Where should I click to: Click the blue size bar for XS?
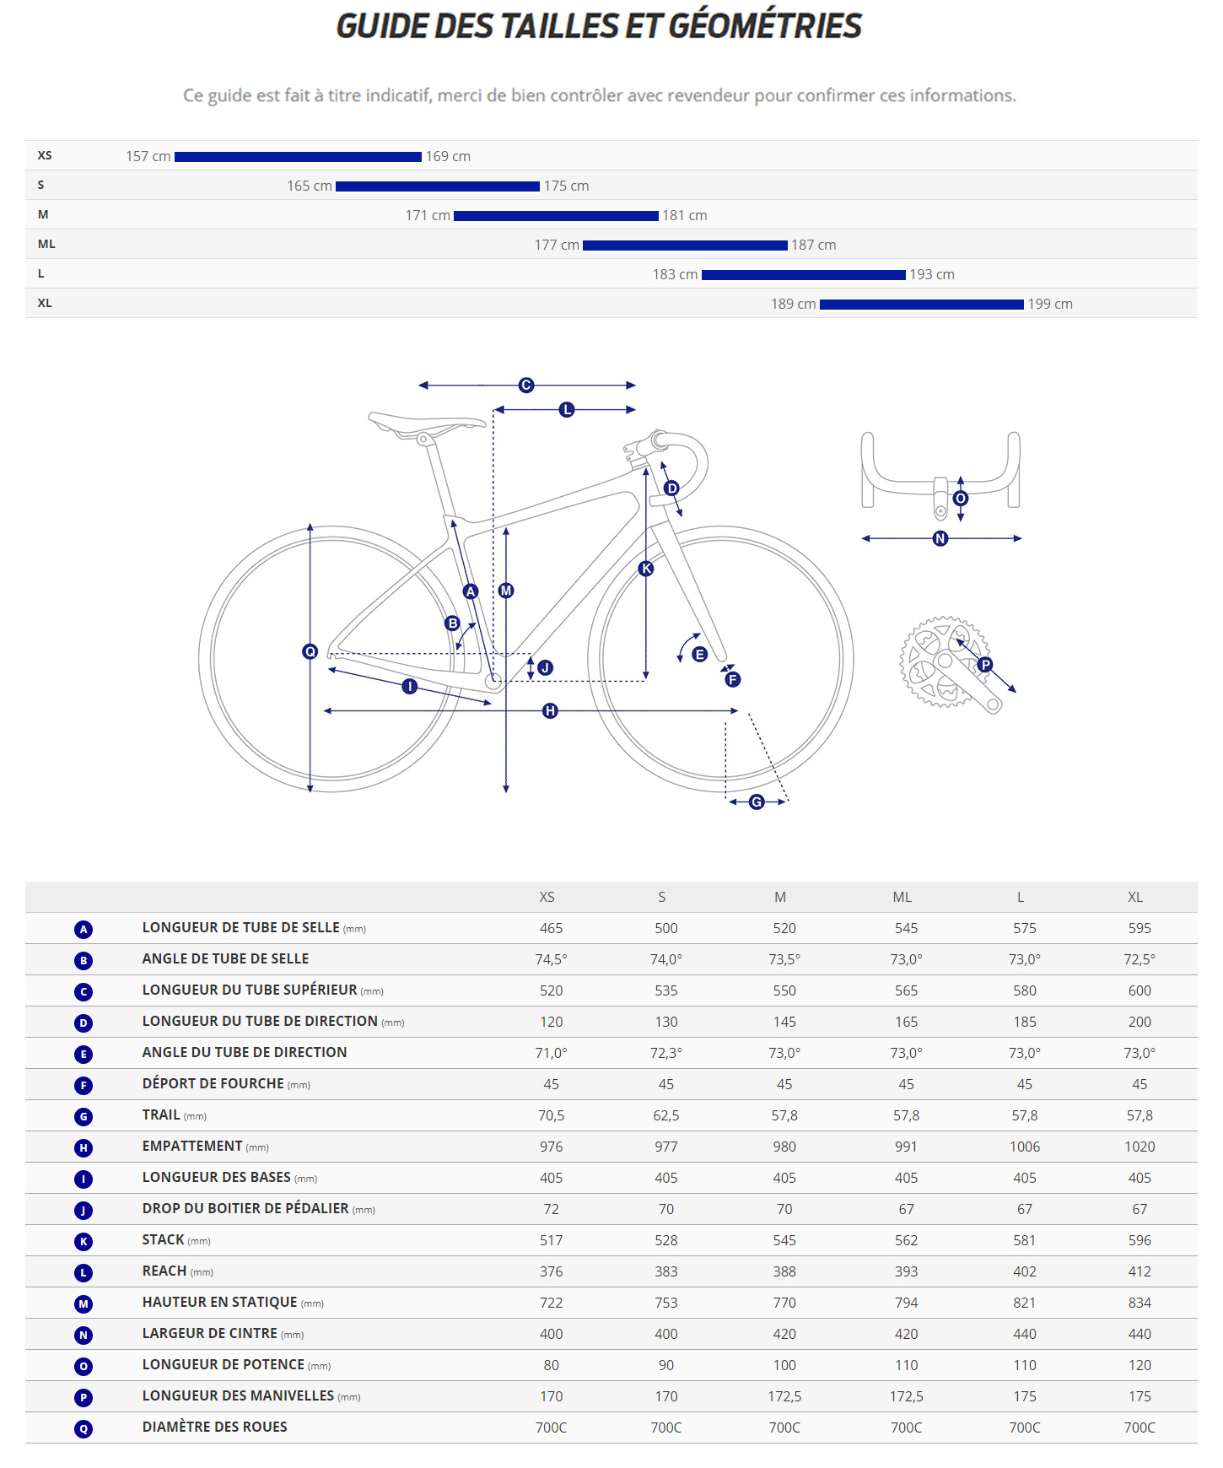click(x=298, y=157)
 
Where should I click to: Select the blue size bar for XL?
click(x=921, y=305)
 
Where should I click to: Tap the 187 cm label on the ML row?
click(x=813, y=246)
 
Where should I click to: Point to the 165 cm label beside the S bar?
click(x=310, y=186)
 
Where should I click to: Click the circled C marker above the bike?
click(x=526, y=386)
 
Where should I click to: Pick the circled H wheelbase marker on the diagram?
click(x=550, y=711)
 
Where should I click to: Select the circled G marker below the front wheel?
click(x=757, y=802)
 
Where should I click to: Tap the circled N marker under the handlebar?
click(x=940, y=538)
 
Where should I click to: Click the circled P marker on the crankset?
click(x=985, y=665)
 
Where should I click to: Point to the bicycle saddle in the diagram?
click(x=426, y=422)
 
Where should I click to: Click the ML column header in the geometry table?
click(x=902, y=898)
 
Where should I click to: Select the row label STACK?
click(x=164, y=1240)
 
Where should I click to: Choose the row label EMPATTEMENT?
click(x=192, y=1147)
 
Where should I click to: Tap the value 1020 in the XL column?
click(x=1139, y=1147)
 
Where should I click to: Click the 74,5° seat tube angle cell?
click(x=551, y=960)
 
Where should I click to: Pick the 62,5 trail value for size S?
click(x=665, y=1116)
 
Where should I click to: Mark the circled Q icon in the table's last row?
click(x=84, y=1429)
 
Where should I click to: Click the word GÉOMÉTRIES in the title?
click(x=765, y=26)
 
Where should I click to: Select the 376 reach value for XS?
click(x=551, y=1272)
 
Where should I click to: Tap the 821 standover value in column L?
click(x=1024, y=1303)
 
